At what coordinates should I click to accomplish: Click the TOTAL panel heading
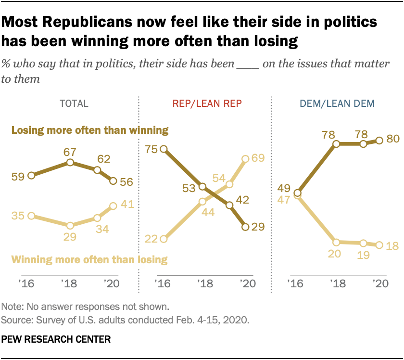(x=73, y=103)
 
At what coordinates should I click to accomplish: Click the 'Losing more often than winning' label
(x=89, y=130)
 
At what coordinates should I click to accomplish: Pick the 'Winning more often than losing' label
(x=89, y=260)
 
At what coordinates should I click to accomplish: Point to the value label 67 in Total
(x=70, y=152)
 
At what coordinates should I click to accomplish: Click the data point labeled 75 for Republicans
(x=164, y=150)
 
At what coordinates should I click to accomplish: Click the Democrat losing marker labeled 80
(x=379, y=140)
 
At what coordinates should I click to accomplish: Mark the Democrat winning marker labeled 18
(x=379, y=245)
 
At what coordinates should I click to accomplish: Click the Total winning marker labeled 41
(x=113, y=206)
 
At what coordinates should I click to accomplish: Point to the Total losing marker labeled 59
(x=31, y=176)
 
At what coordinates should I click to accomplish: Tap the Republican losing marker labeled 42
(x=229, y=205)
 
